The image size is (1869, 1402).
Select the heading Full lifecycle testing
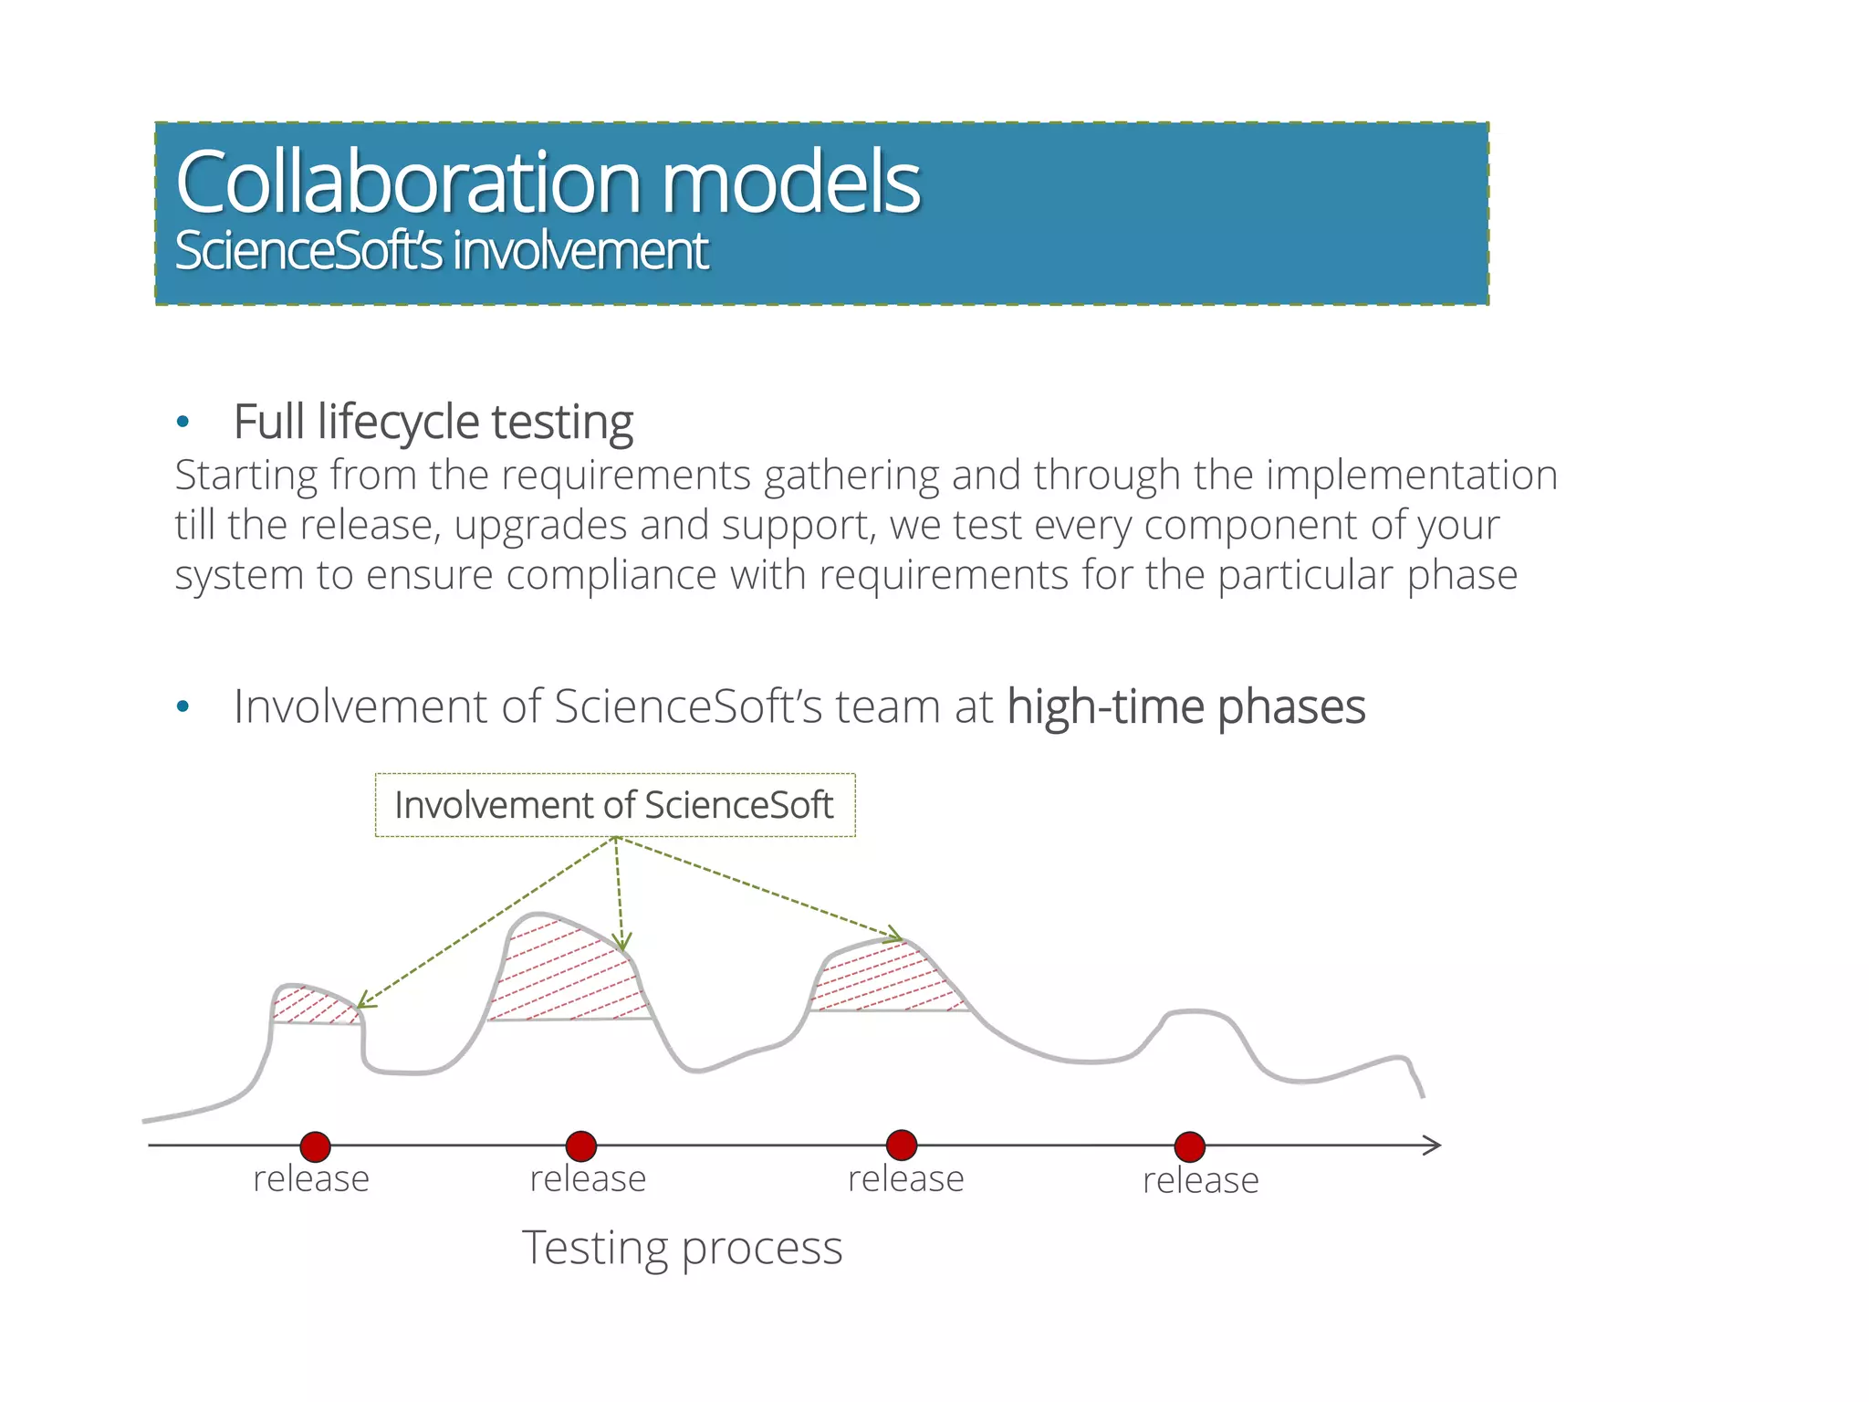coord(433,422)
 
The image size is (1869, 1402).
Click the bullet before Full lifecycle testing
coord(183,422)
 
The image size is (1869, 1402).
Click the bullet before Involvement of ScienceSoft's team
coord(183,706)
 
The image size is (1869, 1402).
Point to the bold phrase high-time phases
coord(1185,706)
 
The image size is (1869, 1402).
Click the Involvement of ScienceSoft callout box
coord(614,805)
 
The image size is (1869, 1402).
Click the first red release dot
coord(315,1146)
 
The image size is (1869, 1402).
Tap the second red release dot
coord(581,1146)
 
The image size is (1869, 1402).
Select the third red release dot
coord(902,1144)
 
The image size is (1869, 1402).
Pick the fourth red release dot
coord(1190,1146)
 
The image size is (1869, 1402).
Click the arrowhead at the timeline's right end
coord(1434,1146)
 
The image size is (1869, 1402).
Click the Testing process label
coord(682,1249)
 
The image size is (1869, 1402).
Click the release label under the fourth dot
coord(1200,1181)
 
